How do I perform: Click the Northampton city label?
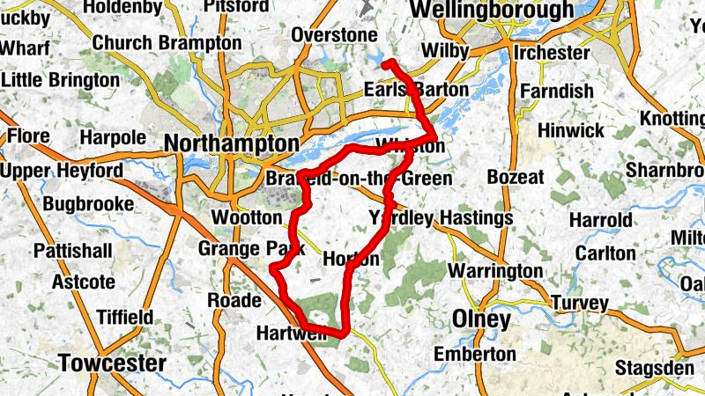(x=231, y=143)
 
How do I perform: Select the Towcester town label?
(x=112, y=363)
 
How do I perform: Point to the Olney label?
(x=481, y=319)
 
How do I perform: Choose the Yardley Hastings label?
(x=440, y=217)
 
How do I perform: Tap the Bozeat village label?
(x=516, y=178)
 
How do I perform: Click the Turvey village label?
(x=579, y=304)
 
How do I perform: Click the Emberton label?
(x=476, y=353)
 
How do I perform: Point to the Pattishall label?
(x=73, y=251)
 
